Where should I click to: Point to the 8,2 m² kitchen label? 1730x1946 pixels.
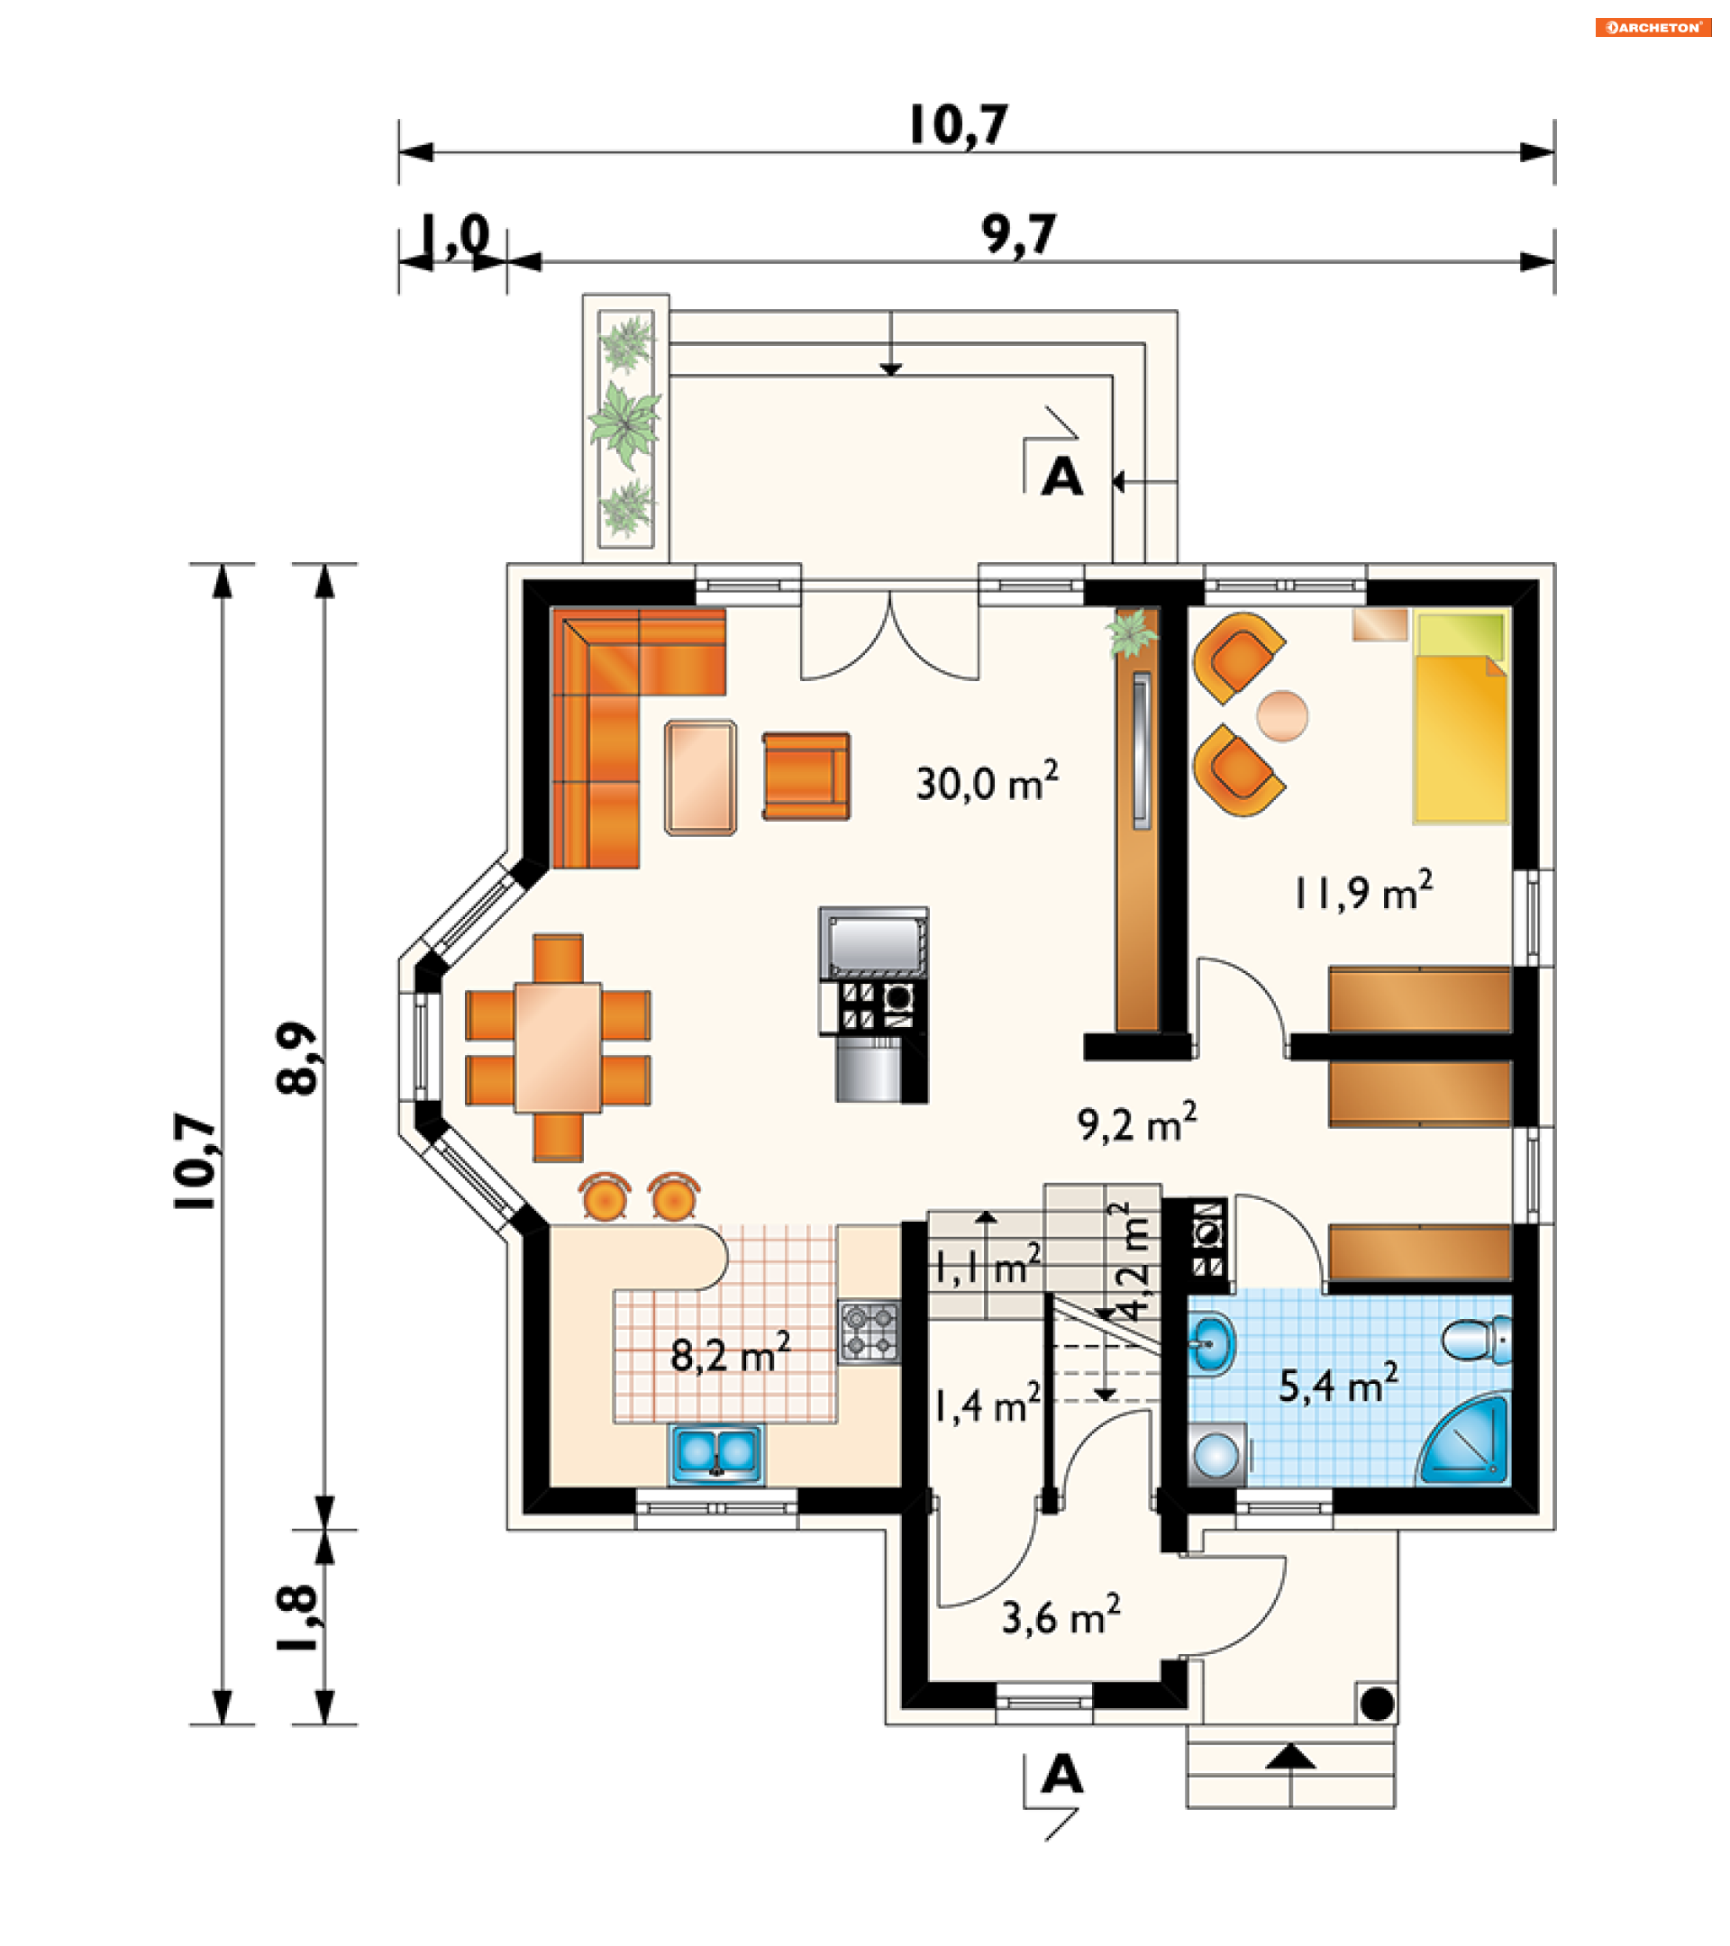730,1353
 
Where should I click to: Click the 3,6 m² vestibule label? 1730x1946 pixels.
1061,1615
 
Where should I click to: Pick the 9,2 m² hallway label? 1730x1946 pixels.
1137,1123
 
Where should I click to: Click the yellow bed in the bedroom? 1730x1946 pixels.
1461,717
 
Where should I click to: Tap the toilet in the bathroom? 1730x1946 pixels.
1476,1340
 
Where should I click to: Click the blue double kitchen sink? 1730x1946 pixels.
717,1454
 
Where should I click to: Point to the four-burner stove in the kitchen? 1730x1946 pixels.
870,1332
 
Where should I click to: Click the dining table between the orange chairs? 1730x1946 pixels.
558,1047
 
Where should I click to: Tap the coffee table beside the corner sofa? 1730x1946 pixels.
701,777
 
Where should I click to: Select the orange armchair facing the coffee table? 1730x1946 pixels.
806,776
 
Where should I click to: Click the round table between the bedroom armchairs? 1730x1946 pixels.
1282,716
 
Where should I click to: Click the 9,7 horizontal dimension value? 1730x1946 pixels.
1019,235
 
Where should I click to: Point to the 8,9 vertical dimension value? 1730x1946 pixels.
296,1059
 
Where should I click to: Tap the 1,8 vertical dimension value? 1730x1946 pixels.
296,1618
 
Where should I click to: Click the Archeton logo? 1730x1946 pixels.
1652,27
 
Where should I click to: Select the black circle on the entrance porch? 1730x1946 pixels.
1377,1704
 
